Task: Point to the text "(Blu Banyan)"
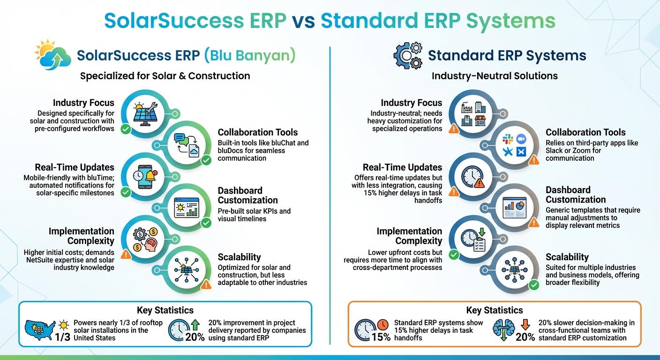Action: click(x=250, y=56)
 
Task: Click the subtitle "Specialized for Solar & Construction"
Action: click(x=165, y=76)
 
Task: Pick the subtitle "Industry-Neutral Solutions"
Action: click(x=495, y=76)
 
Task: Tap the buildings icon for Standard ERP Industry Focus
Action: click(x=472, y=113)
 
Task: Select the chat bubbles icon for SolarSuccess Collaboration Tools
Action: click(x=187, y=143)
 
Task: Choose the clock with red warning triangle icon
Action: click(x=472, y=177)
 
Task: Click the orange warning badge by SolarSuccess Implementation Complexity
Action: click(x=126, y=255)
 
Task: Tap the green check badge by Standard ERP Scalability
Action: click(x=533, y=285)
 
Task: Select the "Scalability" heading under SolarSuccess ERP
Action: click(x=239, y=257)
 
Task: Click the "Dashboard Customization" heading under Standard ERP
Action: click(x=575, y=195)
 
